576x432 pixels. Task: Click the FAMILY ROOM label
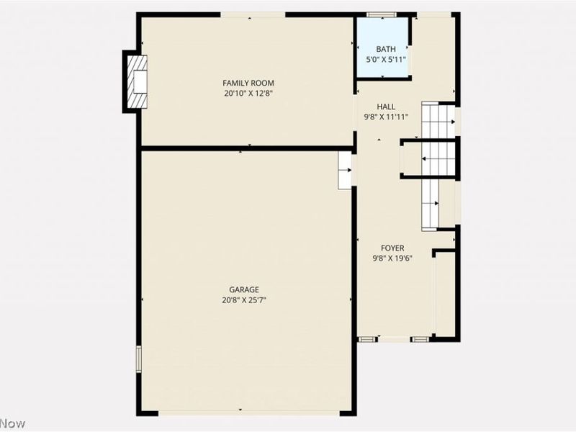[248, 84]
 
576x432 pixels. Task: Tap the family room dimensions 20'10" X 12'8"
[248, 93]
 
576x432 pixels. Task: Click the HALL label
[385, 107]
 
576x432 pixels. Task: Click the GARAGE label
[245, 289]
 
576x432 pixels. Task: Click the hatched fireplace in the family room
[136, 82]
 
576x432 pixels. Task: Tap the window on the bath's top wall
[382, 14]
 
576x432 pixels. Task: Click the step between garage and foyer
[345, 170]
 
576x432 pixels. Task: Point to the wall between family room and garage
[245, 149]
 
